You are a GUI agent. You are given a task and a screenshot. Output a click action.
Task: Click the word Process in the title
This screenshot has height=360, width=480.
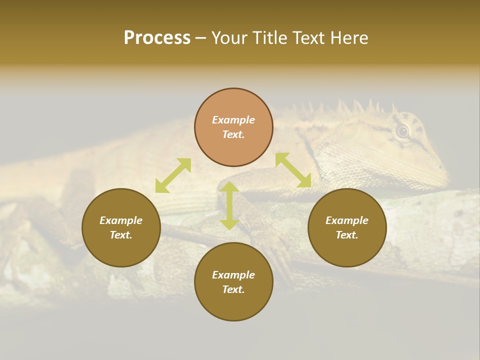coord(157,38)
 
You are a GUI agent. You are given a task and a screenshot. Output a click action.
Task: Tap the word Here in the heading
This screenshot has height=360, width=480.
coord(348,38)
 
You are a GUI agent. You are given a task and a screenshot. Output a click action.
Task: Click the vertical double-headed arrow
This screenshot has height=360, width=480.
coord(229,205)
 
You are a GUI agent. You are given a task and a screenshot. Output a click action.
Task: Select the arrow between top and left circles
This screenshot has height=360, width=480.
coord(173,175)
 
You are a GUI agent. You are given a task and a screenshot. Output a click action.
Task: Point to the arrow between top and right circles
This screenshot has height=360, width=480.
coord(293,170)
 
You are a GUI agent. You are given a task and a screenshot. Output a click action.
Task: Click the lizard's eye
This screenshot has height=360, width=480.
coord(402,131)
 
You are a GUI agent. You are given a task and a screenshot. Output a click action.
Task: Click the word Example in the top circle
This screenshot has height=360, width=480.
coord(233,120)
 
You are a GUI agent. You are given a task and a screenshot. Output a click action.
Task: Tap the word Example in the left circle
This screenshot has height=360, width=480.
coord(121,220)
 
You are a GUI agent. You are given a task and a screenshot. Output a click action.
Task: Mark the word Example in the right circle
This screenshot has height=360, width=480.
coord(347,220)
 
